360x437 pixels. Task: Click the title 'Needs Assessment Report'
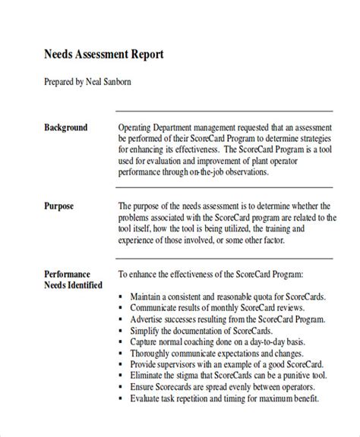100,56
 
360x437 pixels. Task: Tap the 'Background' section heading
65,127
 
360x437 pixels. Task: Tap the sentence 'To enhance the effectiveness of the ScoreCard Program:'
211,274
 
